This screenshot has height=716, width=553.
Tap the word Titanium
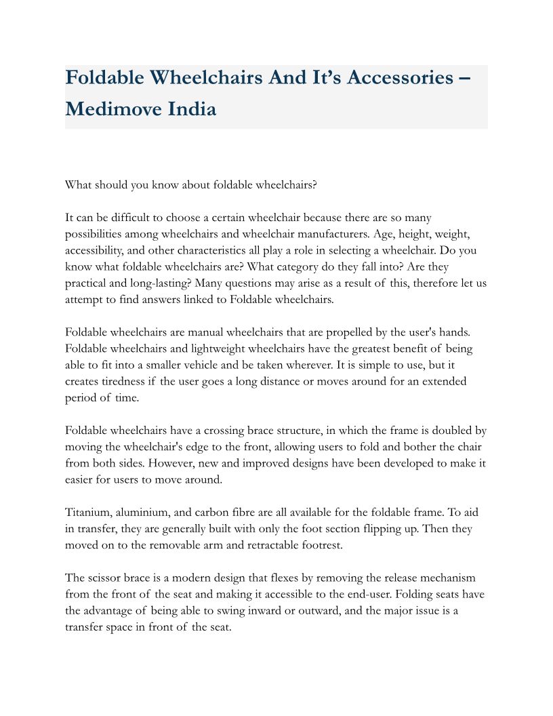(x=87, y=513)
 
